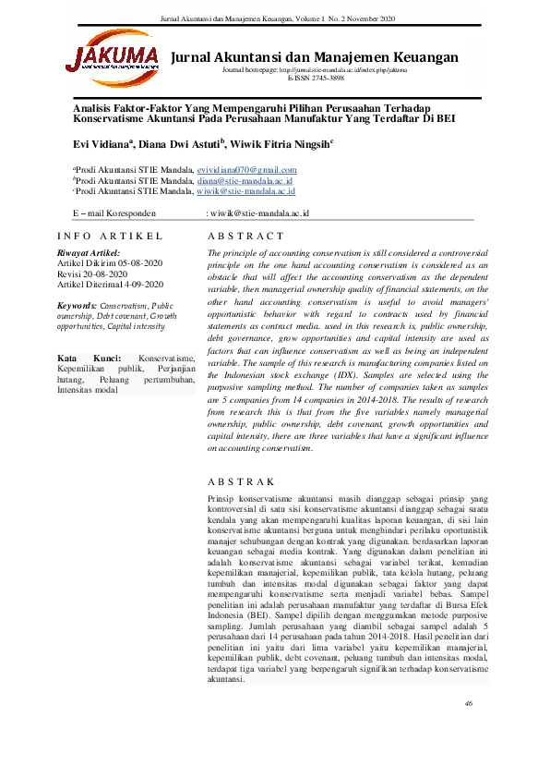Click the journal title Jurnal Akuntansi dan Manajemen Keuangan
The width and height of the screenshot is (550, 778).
tap(314, 57)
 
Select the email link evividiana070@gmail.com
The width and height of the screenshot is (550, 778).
tap(247, 170)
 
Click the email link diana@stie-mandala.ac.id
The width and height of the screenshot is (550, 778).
tap(245, 181)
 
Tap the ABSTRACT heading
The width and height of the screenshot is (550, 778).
tap(246, 237)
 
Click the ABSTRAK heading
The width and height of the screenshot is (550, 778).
tap(242, 481)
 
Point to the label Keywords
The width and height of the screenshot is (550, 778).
tap(77, 304)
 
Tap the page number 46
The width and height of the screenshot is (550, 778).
tap(469, 705)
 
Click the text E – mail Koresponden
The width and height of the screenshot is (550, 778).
tap(114, 213)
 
